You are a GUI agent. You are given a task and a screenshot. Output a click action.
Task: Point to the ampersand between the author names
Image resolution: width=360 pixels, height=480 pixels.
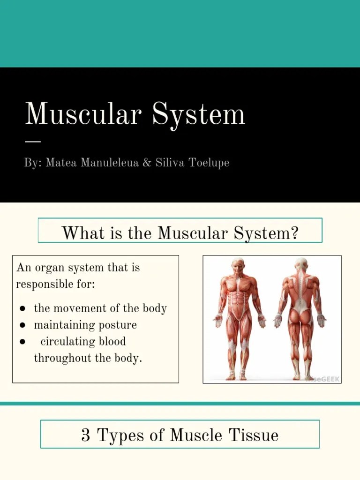pos(147,163)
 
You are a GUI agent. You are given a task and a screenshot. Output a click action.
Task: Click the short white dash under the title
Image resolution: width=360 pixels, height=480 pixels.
pos(33,141)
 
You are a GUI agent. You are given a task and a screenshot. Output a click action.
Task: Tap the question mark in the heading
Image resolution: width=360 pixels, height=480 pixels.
pos(294,232)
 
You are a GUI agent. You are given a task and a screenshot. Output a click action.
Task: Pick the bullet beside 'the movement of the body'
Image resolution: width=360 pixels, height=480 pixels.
pos(22,309)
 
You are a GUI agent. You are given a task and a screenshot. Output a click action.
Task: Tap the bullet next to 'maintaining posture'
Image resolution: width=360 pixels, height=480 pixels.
pos(22,325)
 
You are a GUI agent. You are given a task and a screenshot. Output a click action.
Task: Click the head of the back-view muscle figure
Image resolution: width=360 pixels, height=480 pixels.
pos(300,264)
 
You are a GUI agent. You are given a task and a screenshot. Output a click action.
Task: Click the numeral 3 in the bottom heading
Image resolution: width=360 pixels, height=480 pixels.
pos(85,435)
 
